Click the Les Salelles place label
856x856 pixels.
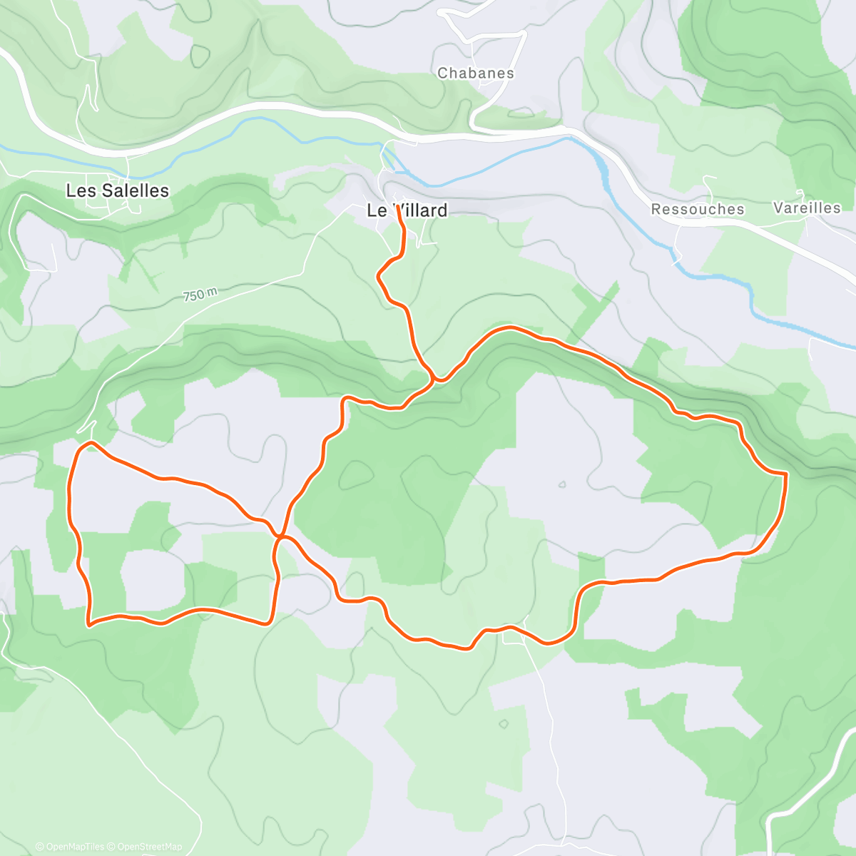pyautogui.click(x=117, y=190)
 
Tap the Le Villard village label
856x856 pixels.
pyautogui.click(x=407, y=210)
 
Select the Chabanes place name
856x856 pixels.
pyautogui.click(x=475, y=73)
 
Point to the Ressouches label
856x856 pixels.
pyautogui.click(x=697, y=209)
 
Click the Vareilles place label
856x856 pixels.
pyautogui.click(x=807, y=208)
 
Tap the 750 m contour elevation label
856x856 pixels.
pyautogui.click(x=200, y=294)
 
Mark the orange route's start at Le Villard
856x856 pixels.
pyautogui.click(x=397, y=208)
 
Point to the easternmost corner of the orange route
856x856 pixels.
pyautogui.click(x=785, y=474)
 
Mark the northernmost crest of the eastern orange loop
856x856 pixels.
pyautogui.click(x=510, y=327)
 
